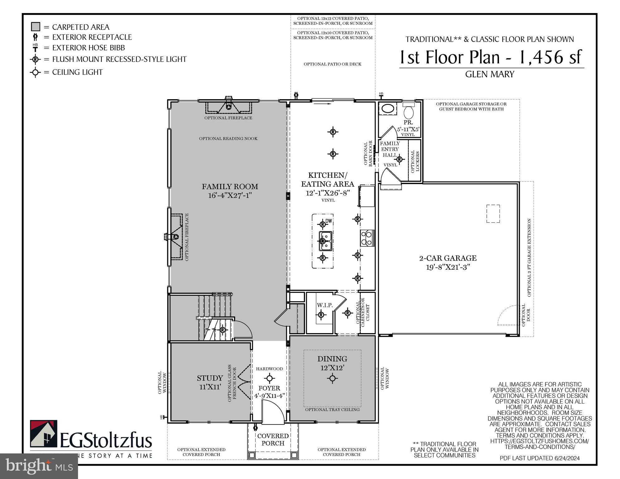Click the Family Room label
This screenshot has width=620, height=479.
tap(230, 186)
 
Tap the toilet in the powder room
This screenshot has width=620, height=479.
tap(408, 111)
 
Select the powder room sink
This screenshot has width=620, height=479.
tap(388, 109)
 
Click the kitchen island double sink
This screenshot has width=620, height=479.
tap(325, 241)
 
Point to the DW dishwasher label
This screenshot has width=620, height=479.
tap(329, 221)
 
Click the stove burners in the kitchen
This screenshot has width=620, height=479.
tap(367, 238)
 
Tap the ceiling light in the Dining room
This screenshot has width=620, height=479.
tap(332, 379)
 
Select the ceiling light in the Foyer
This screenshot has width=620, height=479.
tap(269, 379)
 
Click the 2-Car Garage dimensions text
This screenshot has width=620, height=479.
tap(448, 267)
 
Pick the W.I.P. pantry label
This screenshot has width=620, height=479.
tap(325, 305)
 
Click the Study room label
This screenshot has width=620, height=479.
tap(210, 378)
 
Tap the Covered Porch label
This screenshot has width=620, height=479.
tap(273, 439)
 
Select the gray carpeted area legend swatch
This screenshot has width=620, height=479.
tap(36, 27)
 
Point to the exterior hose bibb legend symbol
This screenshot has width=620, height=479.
tap(35, 48)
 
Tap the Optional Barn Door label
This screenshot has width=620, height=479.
tap(368, 153)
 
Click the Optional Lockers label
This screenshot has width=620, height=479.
tap(415, 161)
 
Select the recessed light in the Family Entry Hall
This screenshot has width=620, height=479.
tap(399, 159)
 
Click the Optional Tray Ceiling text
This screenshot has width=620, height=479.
tap(332, 409)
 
